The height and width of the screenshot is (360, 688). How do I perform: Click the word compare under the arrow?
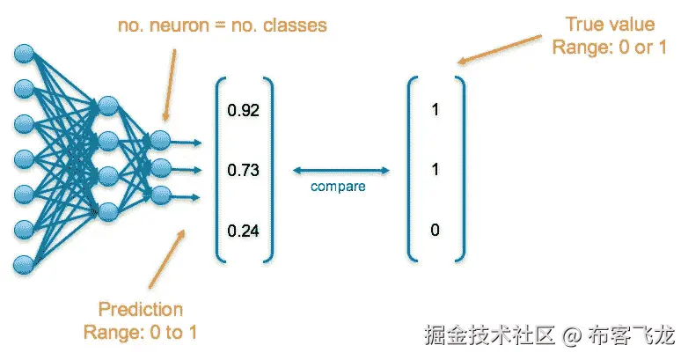click(x=338, y=187)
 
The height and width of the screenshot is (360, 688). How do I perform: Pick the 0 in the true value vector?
click(x=435, y=231)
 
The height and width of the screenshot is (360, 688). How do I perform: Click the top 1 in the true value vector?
click(x=435, y=111)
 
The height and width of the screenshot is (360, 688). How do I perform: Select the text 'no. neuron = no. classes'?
click(x=222, y=25)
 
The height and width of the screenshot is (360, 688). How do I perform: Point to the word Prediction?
click(x=141, y=310)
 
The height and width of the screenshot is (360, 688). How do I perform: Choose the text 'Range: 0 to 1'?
click(x=141, y=332)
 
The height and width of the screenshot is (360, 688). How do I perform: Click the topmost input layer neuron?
click(x=23, y=55)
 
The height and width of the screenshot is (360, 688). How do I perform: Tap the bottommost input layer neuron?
click(x=23, y=263)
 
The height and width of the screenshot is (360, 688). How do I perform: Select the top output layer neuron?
click(x=159, y=139)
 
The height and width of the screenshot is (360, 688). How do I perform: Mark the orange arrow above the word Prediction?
click(x=167, y=259)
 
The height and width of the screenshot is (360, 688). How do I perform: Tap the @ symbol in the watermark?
click(x=573, y=335)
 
